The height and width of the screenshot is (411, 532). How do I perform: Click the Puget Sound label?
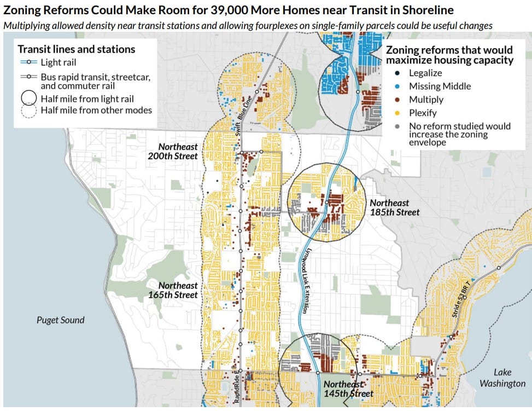[x=60, y=320]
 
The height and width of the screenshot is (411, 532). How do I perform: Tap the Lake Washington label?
[x=502, y=378]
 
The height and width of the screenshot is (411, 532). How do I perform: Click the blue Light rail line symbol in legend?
[x=28, y=63]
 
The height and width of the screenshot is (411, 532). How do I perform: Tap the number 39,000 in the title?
[x=229, y=10]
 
